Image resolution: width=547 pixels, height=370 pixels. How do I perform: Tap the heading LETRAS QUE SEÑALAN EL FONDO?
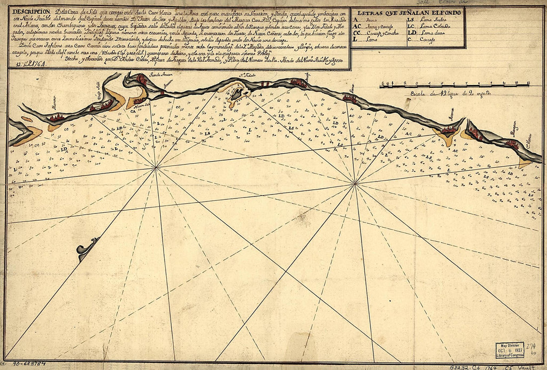tap(408, 12)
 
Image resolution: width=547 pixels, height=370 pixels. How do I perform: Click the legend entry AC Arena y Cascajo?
tap(373, 26)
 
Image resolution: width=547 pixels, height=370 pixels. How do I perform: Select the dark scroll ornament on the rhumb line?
tap(87, 247)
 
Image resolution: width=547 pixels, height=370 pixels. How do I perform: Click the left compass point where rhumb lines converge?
tap(156, 168)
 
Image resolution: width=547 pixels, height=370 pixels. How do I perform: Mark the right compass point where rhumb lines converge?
tap(355, 185)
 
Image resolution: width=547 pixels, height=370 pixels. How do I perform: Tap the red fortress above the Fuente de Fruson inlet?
tap(142, 79)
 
